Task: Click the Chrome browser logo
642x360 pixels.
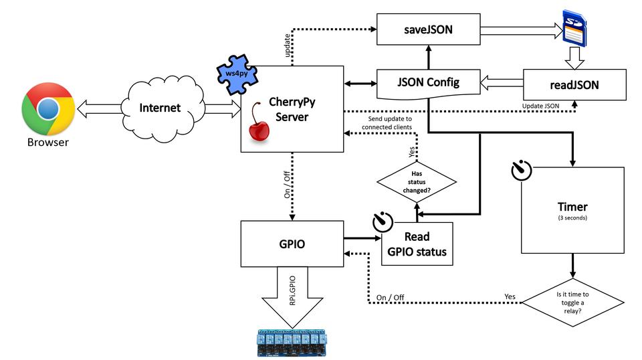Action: [x=47, y=109]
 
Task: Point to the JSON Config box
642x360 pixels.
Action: [x=428, y=83]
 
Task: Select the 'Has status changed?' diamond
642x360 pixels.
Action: [x=417, y=181]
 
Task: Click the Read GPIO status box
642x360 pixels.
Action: [x=417, y=244]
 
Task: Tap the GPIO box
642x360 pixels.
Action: [x=291, y=243]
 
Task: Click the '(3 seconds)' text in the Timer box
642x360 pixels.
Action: [x=572, y=219]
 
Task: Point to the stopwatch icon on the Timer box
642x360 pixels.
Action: [x=521, y=171]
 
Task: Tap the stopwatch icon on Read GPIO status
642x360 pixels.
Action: [x=382, y=221]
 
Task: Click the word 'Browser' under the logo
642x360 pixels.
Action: [x=47, y=142]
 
